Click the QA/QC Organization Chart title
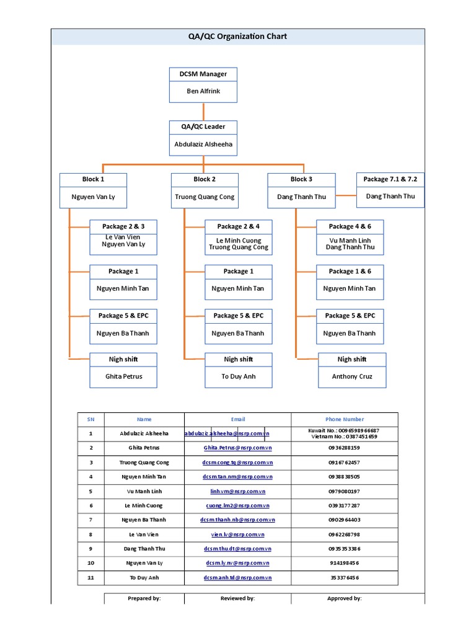[237, 37]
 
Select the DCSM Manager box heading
[203, 74]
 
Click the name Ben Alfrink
[203, 91]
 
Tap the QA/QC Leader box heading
[203, 127]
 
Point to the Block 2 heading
[205, 179]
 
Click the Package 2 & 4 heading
[238, 226]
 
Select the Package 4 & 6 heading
[350, 226]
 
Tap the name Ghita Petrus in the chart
[123, 376]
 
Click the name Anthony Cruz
[352, 376]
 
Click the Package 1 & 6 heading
[350, 271]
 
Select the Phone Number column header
[345, 419]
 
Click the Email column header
[238, 419]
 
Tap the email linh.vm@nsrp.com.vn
[238, 491]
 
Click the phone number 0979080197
[345, 491]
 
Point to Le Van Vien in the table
[144, 534]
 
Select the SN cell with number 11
[90, 577]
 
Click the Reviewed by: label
[238, 598]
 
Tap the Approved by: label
[345, 598]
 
